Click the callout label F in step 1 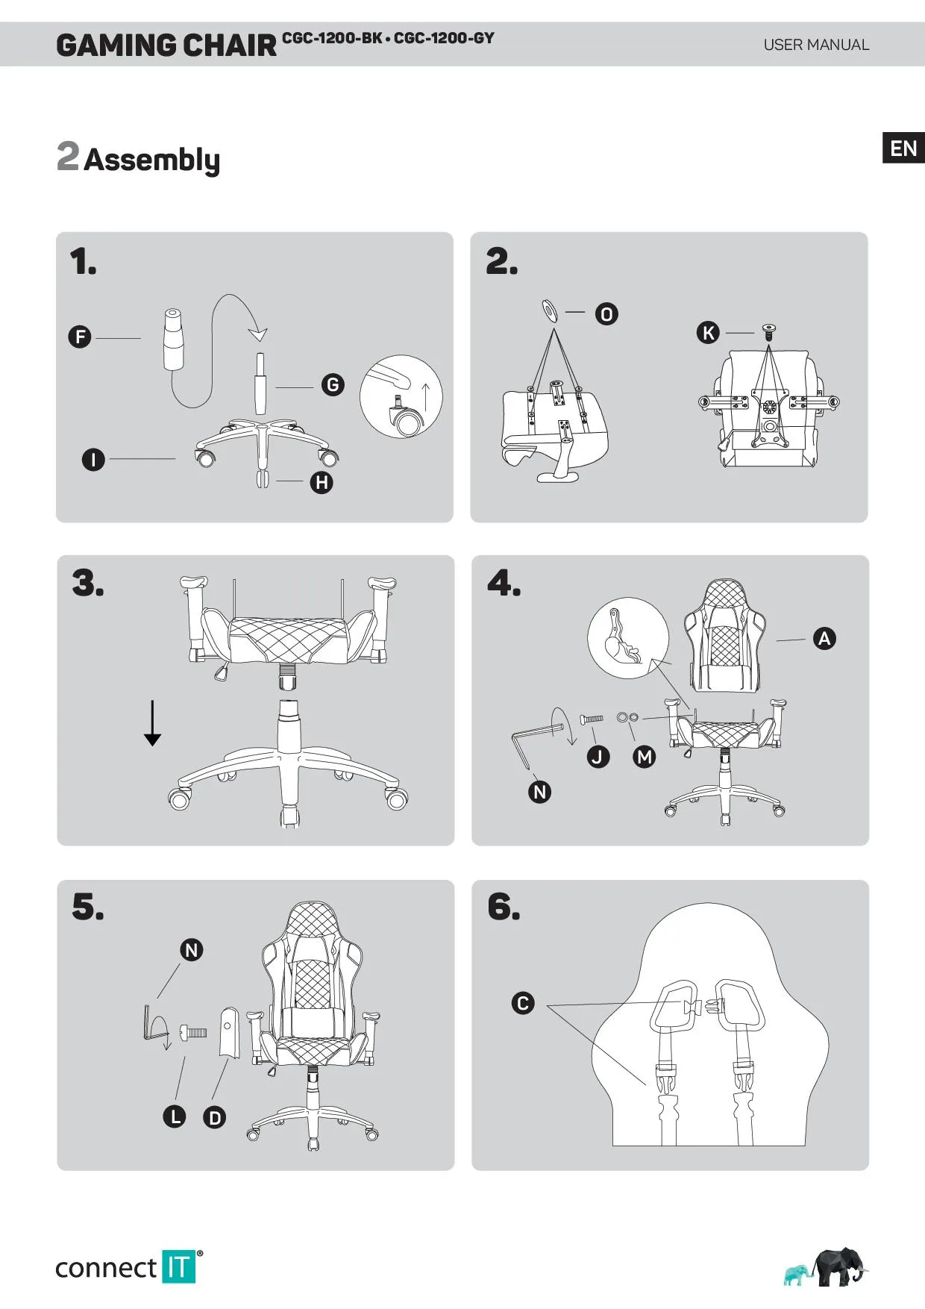(x=80, y=337)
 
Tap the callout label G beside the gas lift (x=333, y=385)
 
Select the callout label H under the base (x=322, y=482)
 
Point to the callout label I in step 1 (x=93, y=459)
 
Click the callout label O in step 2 (x=606, y=314)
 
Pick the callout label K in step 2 (x=708, y=333)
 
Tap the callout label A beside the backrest (x=824, y=638)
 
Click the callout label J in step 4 (x=598, y=757)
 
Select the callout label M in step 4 (x=645, y=757)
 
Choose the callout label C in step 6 (x=523, y=1003)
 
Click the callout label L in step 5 (x=175, y=1116)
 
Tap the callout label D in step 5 (x=215, y=1117)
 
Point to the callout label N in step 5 (x=192, y=950)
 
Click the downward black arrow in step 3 (x=152, y=723)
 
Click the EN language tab (x=903, y=148)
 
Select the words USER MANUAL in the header (x=816, y=45)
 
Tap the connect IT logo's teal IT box (x=178, y=1266)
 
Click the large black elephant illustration (x=839, y=1266)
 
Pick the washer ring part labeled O (x=550, y=310)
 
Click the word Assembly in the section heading (x=151, y=160)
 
